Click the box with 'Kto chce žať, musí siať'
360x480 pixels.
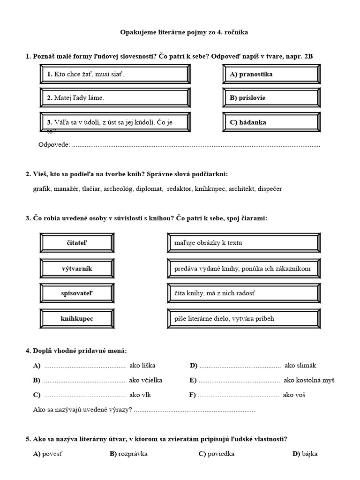click(x=115, y=74)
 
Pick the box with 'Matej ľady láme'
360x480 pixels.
click(x=115, y=98)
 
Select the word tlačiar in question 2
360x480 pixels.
click(x=93, y=189)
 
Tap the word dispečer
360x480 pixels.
click(x=270, y=189)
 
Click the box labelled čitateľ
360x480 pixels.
click(x=77, y=242)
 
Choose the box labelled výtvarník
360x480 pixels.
click(x=77, y=269)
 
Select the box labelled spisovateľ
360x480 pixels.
click(x=77, y=293)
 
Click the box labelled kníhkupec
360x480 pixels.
click(x=77, y=319)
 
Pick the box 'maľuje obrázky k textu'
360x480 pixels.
click(x=243, y=242)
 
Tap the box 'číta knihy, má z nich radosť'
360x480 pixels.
click(x=243, y=293)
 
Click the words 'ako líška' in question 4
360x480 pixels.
click(x=142, y=366)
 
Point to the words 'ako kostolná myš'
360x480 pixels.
click(x=309, y=380)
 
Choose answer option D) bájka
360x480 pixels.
click(x=305, y=454)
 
